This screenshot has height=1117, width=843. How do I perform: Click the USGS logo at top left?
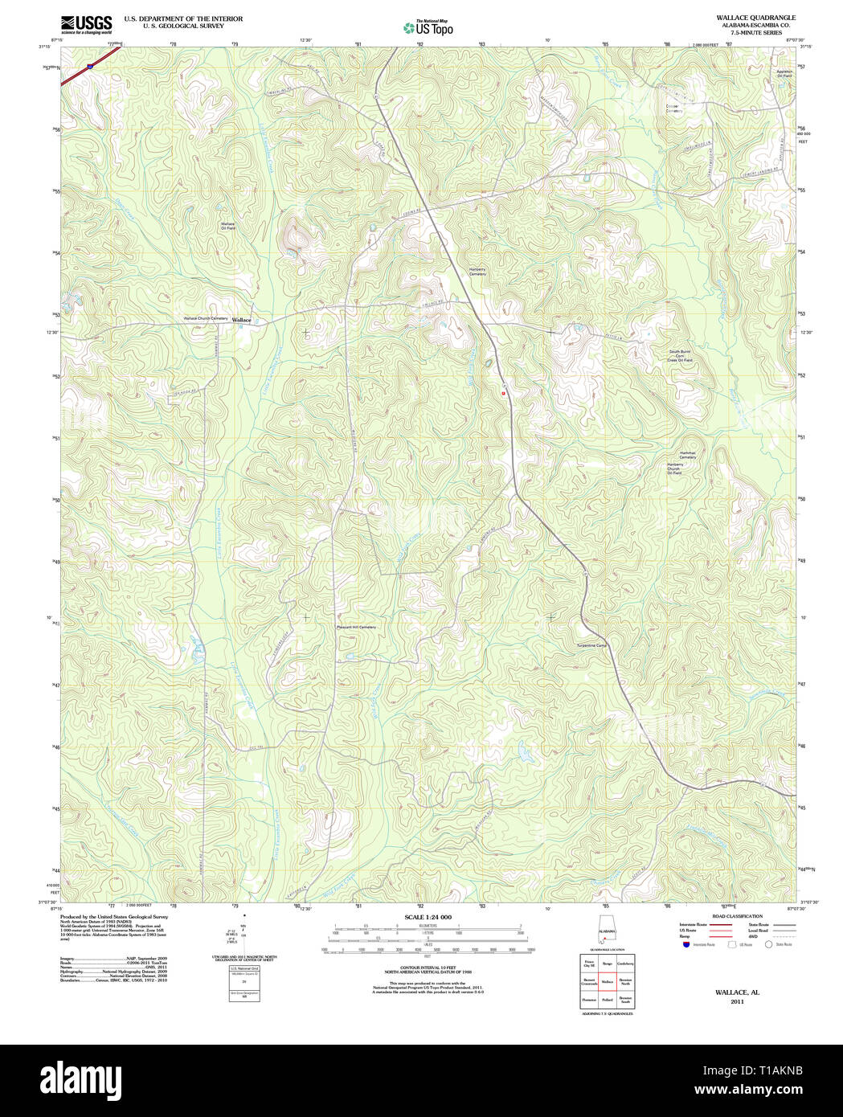[87, 24]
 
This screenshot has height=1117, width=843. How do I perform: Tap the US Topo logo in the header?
[428, 27]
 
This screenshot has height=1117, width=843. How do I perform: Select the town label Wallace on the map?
[242, 320]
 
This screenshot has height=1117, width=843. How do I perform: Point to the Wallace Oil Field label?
[228, 226]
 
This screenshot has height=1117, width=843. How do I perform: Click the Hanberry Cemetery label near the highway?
[478, 272]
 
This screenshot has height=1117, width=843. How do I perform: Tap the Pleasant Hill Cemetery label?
[356, 627]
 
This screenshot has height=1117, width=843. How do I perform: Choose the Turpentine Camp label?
[592, 645]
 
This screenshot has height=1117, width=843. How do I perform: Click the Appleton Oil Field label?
[784, 74]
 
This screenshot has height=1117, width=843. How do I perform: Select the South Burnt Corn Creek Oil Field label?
[681, 356]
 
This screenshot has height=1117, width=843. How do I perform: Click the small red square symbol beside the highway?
[504, 393]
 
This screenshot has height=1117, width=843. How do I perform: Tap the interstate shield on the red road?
[89, 67]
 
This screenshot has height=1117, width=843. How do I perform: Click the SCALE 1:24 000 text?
[428, 918]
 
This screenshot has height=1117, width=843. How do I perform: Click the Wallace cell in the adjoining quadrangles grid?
[607, 981]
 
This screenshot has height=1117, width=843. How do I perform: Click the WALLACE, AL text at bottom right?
[737, 992]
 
